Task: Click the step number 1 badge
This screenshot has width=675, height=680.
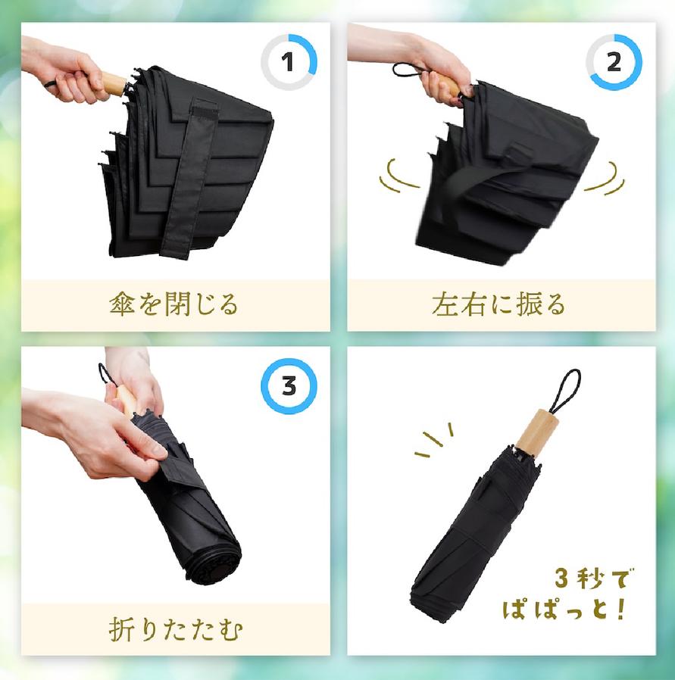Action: click(x=289, y=62)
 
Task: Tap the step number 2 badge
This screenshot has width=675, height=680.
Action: click(x=614, y=62)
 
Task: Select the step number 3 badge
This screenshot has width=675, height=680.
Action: click(x=289, y=386)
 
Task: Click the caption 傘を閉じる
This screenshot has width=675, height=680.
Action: click(x=173, y=304)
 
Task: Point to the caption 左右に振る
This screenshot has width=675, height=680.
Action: click(x=499, y=304)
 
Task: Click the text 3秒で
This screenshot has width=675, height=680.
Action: click(x=593, y=579)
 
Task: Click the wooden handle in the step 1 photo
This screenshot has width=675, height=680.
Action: click(x=113, y=85)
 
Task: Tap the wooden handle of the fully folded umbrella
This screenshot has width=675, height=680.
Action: click(x=534, y=432)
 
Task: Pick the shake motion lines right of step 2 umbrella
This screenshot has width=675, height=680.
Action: click(x=605, y=178)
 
